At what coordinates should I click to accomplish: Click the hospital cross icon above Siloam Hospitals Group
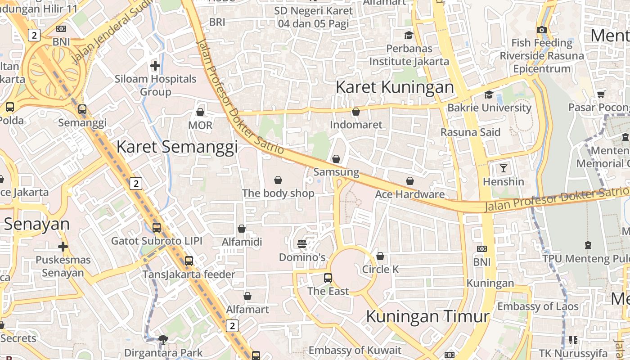click(x=155, y=66)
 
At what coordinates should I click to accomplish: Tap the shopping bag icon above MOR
click(x=200, y=112)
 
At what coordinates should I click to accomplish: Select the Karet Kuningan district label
click(x=395, y=87)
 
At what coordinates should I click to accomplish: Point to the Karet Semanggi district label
click(x=177, y=147)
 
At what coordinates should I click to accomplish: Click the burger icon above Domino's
click(x=302, y=244)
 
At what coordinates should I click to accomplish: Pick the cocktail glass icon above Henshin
click(x=503, y=168)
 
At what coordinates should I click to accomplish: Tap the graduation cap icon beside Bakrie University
click(x=489, y=94)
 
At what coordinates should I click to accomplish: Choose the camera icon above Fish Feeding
click(x=542, y=30)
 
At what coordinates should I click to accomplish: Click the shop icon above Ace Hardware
click(x=410, y=181)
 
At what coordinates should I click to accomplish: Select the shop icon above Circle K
click(x=380, y=256)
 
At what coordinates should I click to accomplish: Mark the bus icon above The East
click(x=328, y=278)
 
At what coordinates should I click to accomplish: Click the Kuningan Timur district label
click(x=427, y=316)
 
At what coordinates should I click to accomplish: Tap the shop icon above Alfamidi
click(x=242, y=229)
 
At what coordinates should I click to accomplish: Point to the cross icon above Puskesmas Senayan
click(x=63, y=247)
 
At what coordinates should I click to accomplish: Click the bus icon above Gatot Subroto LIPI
click(x=157, y=227)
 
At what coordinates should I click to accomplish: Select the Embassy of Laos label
click(x=538, y=306)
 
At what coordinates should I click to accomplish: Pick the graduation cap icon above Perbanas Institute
click(x=409, y=35)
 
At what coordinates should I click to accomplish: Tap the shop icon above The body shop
click(x=278, y=180)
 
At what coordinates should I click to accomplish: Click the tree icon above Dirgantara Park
click(x=163, y=340)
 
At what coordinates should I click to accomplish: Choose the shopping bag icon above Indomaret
click(x=356, y=112)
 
